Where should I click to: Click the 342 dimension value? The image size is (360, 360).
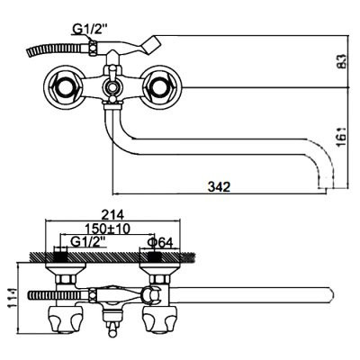pyautogui.click(x=219, y=186)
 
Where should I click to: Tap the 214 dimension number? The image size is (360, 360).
pyautogui.click(x=112, y=214)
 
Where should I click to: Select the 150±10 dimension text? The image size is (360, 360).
pyautogui.click(x=107, y=229)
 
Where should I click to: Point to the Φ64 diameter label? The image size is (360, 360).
pyautogui.click(x=161, y=242)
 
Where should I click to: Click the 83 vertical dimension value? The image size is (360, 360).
pyautogui.click(x=342, y=61)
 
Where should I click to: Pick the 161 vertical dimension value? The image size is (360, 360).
pyautogui.click(x=342, y=137)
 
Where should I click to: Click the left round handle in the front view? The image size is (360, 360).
pyautogui.click(x=64, y=87)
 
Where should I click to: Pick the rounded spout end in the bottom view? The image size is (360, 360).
pyautogui.click(x=328, y=295)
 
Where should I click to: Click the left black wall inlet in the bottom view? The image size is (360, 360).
pyautogui.click(x=61, y=257)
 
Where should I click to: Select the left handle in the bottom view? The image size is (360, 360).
pyautogui.click(x=66, y=319)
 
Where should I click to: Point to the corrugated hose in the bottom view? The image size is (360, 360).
pyautogui.click(x=58, y=295)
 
